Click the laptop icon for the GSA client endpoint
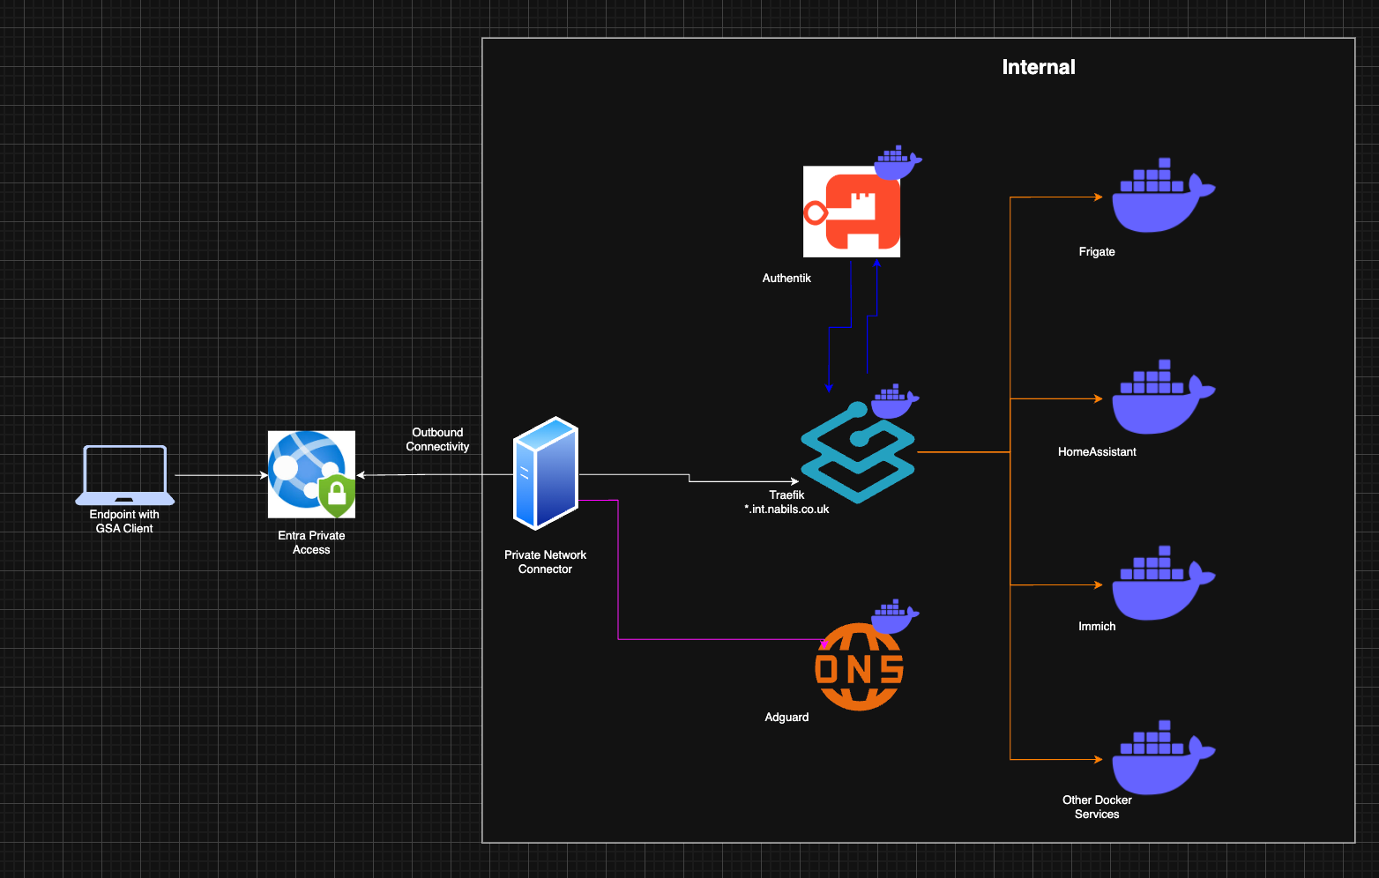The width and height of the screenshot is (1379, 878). (x=124, y=474)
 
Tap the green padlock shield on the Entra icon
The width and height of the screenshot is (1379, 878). (x=337, y=495)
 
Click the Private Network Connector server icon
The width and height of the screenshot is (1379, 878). (x=546, y=473)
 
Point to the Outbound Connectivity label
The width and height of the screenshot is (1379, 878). (x=437, y=439)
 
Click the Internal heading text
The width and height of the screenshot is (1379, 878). (x=1039, y=67)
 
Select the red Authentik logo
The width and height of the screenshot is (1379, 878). (x=851, y=212)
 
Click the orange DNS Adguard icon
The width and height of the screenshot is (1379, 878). (x=859, y=668)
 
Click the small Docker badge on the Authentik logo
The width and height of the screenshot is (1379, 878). (x=897, y=161)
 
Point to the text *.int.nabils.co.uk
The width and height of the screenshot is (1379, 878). (x=786, y=510)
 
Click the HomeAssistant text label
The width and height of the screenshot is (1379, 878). (x=1097, y=452)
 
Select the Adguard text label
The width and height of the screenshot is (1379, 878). (x=786, y=718)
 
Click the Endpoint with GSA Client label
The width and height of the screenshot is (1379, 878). (x=124, y=522)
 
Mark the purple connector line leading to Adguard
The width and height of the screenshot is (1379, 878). (x=618, y=573)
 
